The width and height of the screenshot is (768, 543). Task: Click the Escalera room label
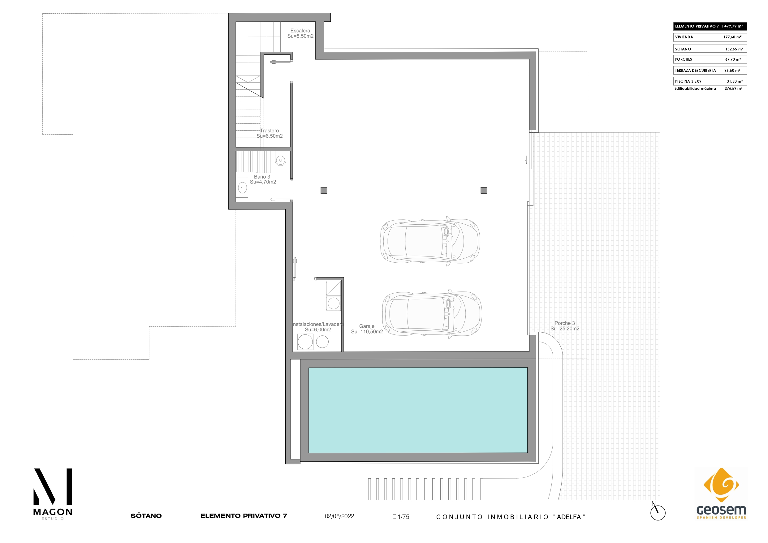300,33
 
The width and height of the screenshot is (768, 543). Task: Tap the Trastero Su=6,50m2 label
270,133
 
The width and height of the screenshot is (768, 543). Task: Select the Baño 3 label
263,179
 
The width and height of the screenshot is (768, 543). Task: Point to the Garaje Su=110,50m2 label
367,329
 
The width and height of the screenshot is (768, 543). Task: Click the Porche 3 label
565,326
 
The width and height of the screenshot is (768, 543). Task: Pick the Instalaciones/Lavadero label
318,327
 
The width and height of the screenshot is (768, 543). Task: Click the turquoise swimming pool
418,410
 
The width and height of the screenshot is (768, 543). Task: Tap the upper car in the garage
430,241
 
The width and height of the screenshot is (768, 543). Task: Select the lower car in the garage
432,314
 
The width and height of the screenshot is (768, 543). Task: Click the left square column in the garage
324,191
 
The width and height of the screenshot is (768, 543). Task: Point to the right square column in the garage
484,190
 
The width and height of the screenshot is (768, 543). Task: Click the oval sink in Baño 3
242,188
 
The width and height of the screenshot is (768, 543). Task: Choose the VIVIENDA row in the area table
710,37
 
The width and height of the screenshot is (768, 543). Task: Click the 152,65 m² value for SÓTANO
734,49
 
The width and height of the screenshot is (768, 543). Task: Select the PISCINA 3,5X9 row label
688,81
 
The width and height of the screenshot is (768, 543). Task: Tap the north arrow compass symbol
658,511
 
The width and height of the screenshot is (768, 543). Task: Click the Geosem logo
721,493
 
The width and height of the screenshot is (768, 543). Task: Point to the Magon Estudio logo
53,494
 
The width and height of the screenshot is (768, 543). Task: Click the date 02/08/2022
339,516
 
